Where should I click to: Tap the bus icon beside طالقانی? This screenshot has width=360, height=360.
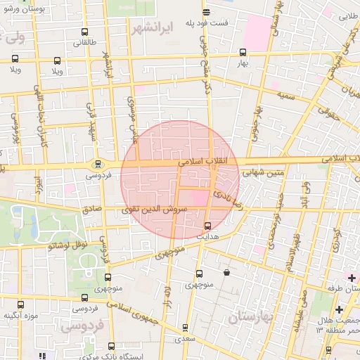point(85,32)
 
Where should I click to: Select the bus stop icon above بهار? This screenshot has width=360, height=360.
point(243,52)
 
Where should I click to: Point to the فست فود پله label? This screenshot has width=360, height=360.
point(206,22)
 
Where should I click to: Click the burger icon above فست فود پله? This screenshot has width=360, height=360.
point(206,12)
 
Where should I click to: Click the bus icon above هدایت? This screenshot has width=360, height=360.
point(207,226)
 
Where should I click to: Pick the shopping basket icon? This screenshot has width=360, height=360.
point(226,272)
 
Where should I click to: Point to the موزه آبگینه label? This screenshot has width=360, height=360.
point(20,315)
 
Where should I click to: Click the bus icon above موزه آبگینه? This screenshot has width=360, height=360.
point(20,305)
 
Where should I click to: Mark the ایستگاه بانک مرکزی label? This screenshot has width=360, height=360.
point(112,356)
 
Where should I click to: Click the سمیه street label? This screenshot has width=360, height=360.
point(286,94)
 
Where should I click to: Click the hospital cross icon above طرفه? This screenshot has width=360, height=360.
point(352,278)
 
